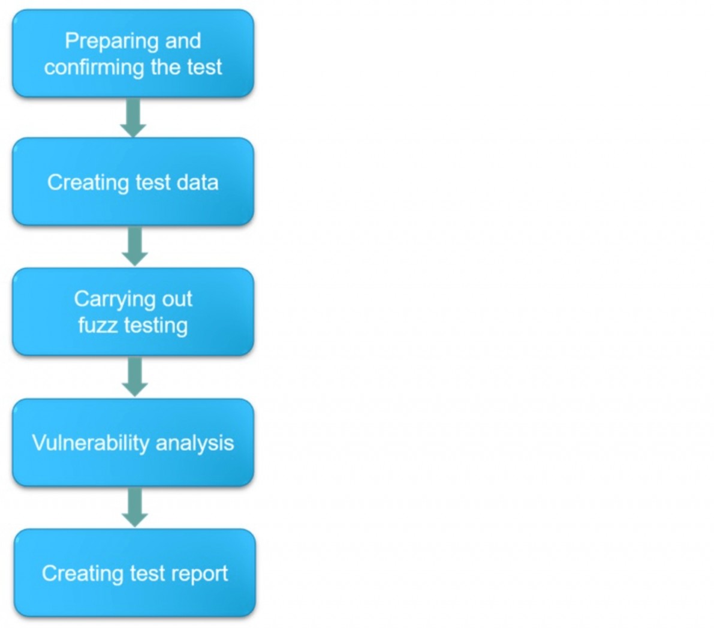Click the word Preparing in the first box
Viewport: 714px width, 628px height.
[x=112, y=42]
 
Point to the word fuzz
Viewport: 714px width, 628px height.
[x=98, y=325]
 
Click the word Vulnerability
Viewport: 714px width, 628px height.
[x=91, y=443]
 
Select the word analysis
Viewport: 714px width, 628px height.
[x=195, y=443]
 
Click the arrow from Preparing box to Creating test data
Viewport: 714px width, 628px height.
[x=133, y=117]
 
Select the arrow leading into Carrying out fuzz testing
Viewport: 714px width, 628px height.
[x=135, y=246]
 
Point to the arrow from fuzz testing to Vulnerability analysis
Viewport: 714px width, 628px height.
[x=135, y=377]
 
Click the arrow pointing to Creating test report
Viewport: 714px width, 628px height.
[x=135, y=507]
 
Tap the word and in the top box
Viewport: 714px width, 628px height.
[x=183, y=41]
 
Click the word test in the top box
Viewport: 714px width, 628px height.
[x=204, y=67]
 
